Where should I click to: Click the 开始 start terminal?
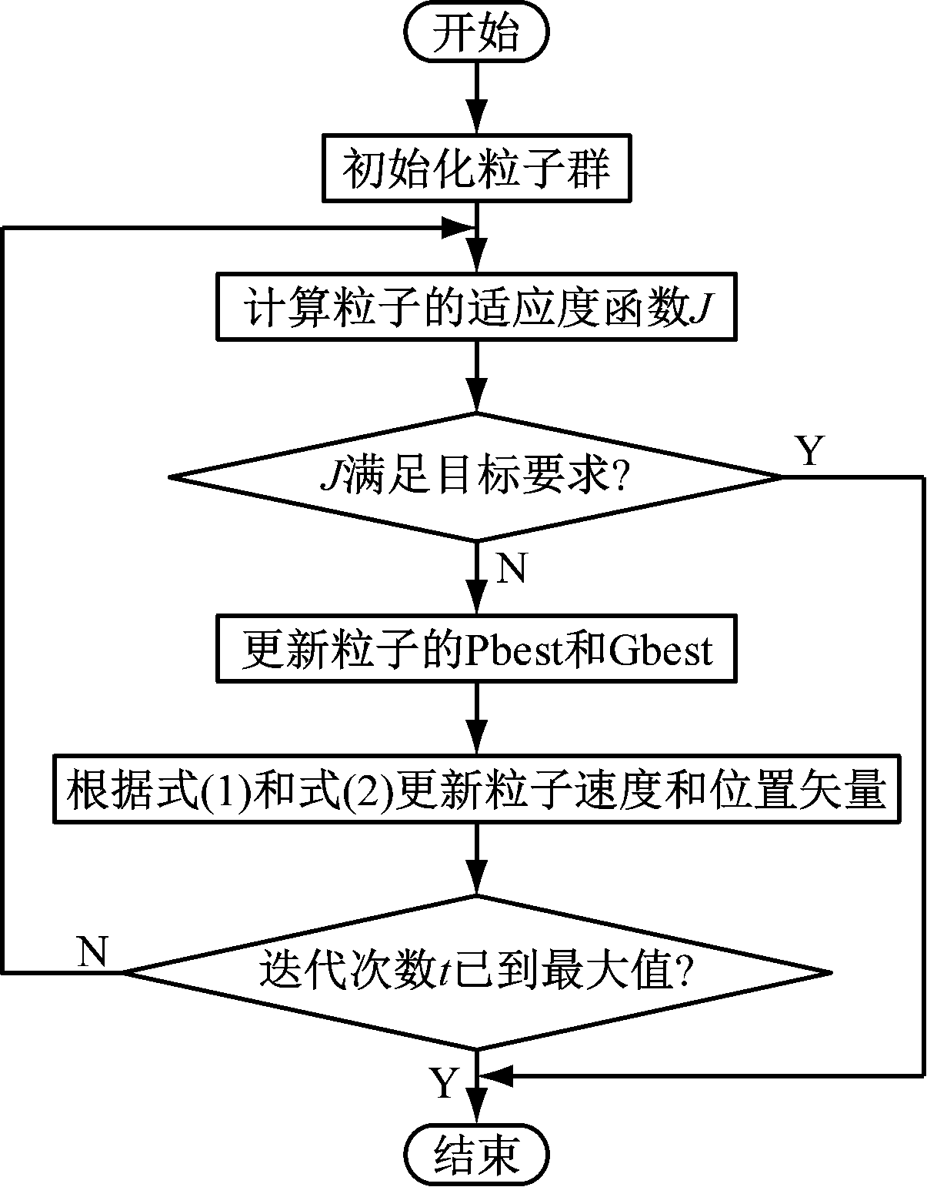point(476,35)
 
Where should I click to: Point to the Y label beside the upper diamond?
point(809,451)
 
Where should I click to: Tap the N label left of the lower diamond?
point(93,952)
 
